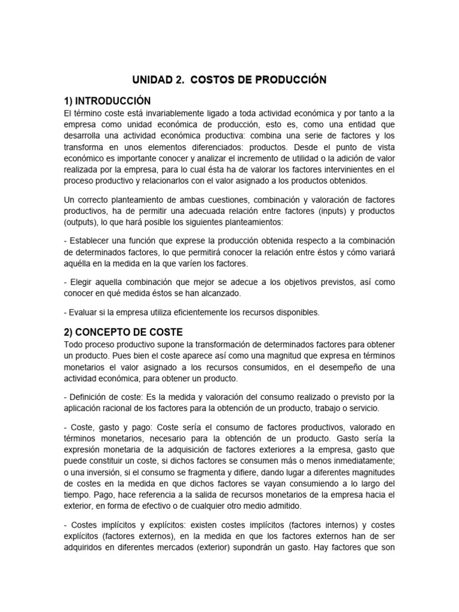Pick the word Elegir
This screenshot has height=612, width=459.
81,281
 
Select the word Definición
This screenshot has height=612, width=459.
89,397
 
